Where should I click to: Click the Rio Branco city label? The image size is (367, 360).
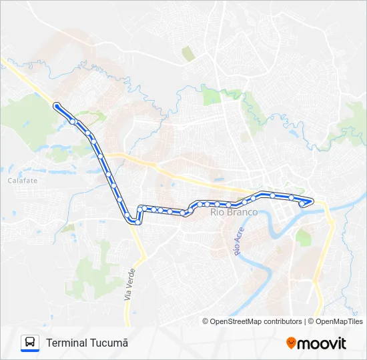(234, 213)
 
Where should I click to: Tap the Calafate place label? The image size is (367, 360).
(23, 181)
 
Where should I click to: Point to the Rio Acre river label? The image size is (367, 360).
(237, 242)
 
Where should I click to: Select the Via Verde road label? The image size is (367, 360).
(130, 284)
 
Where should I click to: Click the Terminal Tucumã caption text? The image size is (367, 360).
(87, 343)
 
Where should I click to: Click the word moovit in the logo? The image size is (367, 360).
(322, 343)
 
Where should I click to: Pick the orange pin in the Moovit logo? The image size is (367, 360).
(291, 343)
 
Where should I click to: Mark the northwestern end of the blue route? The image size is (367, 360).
(56, 105)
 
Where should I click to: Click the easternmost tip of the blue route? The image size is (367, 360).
(312, 200)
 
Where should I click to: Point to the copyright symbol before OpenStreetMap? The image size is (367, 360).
(206, 321)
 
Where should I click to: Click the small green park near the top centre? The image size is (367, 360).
(189, 53)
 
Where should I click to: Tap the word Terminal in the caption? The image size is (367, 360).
(66, 343)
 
